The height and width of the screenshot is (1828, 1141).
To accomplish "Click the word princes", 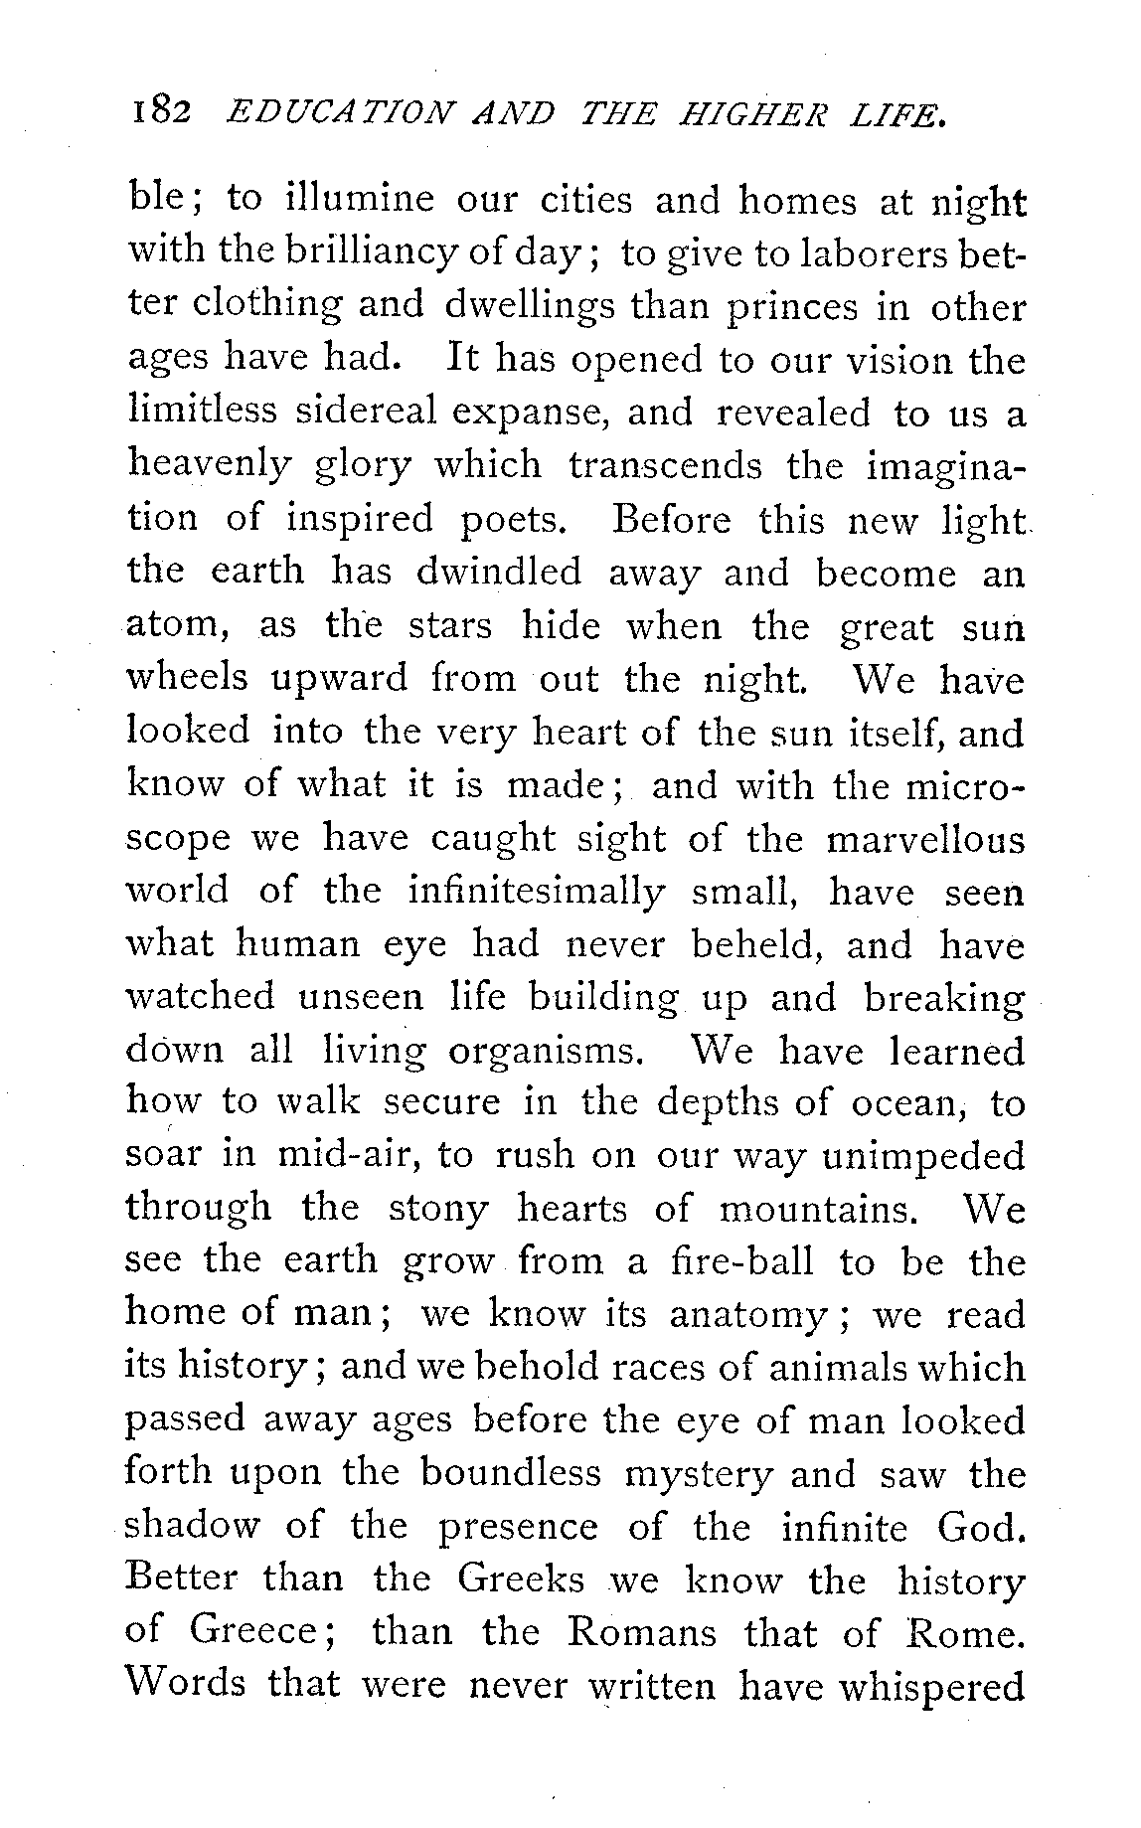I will [x=775, y=308].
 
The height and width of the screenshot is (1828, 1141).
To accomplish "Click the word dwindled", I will [x=497, y=573].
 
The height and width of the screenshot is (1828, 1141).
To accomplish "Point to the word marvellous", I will [x=924, y=840].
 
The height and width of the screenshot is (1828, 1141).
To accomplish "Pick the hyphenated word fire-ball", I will [x=740, y=1261].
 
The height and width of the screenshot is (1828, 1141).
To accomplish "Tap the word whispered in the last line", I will [x=931, y=1687].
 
